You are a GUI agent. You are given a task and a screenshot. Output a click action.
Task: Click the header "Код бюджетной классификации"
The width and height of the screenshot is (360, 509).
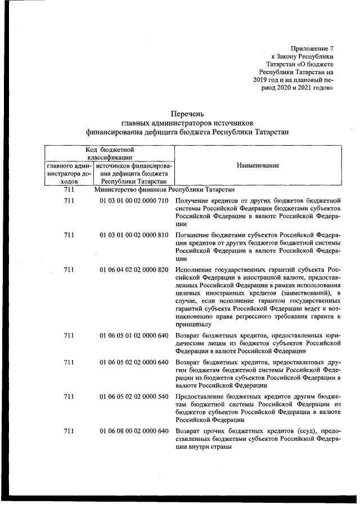pyautogui.click(x=109, y=154)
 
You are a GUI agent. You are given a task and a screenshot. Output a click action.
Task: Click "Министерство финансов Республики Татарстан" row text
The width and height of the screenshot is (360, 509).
pyautogui.click(x=164, y=191)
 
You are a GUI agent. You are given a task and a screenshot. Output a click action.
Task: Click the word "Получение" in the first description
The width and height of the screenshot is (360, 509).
pyautogui.click(x=191, y=201)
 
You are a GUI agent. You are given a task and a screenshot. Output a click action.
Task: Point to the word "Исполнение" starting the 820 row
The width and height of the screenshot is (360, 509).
pyautogui.click(x=193, y=269)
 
